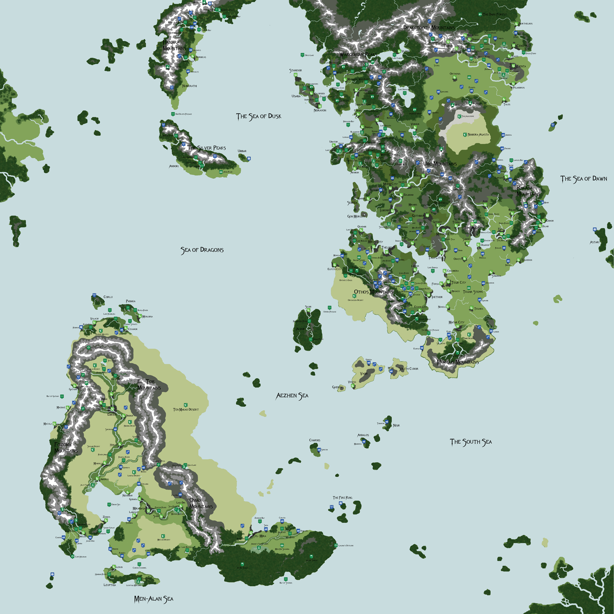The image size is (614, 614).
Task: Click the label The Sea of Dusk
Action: click(x=258, y=116)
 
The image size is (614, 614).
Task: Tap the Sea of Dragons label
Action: click(x=202, y=250)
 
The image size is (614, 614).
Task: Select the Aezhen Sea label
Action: click(x=292, y=396)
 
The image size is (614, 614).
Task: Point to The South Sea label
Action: click(x=471, y=442)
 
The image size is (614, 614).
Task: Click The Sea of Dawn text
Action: click(x=584, y=179)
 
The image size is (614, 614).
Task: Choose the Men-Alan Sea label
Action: click(x=154, y=599)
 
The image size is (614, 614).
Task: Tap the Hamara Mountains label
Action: click(x=174, y=45)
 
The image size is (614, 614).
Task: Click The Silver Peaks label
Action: click(x=207, y=148)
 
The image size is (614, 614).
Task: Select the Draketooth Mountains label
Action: click(x=429, y=28)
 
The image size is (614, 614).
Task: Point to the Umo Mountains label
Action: click(x=440, y=164)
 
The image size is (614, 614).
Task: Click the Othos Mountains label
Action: click(x=373, y=292)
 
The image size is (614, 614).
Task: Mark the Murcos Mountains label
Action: click(x=458, y=362)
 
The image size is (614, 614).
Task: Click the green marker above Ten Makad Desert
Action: click(x=186, y=405)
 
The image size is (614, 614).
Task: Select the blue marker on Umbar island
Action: click(x=249, y=159)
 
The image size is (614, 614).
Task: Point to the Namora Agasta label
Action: click(x=478, y=134)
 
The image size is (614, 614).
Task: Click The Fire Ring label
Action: click(x=342, y=498)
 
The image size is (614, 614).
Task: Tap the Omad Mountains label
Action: click(x=201, y=503)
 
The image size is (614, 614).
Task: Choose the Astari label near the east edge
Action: click(x=595, y=242)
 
